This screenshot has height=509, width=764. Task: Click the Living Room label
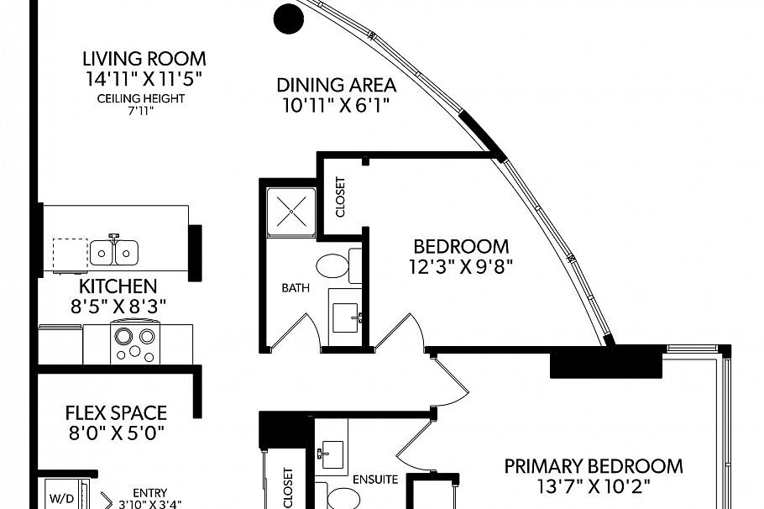(144, 59)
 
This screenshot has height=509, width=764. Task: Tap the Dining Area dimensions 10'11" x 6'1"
(335, 105)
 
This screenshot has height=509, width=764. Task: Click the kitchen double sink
(115, 251)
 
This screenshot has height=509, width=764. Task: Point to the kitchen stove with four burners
(136, 344)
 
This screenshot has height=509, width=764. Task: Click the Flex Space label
(116, 413)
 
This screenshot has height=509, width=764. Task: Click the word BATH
(295, 288)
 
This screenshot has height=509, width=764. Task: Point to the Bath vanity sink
(345, 317)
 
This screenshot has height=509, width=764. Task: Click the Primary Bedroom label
(593, 466)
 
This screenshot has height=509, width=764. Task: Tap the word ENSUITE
(374, 480)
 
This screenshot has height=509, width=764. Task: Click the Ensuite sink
(330, 454)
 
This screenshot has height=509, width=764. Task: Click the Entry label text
(150, 493)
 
